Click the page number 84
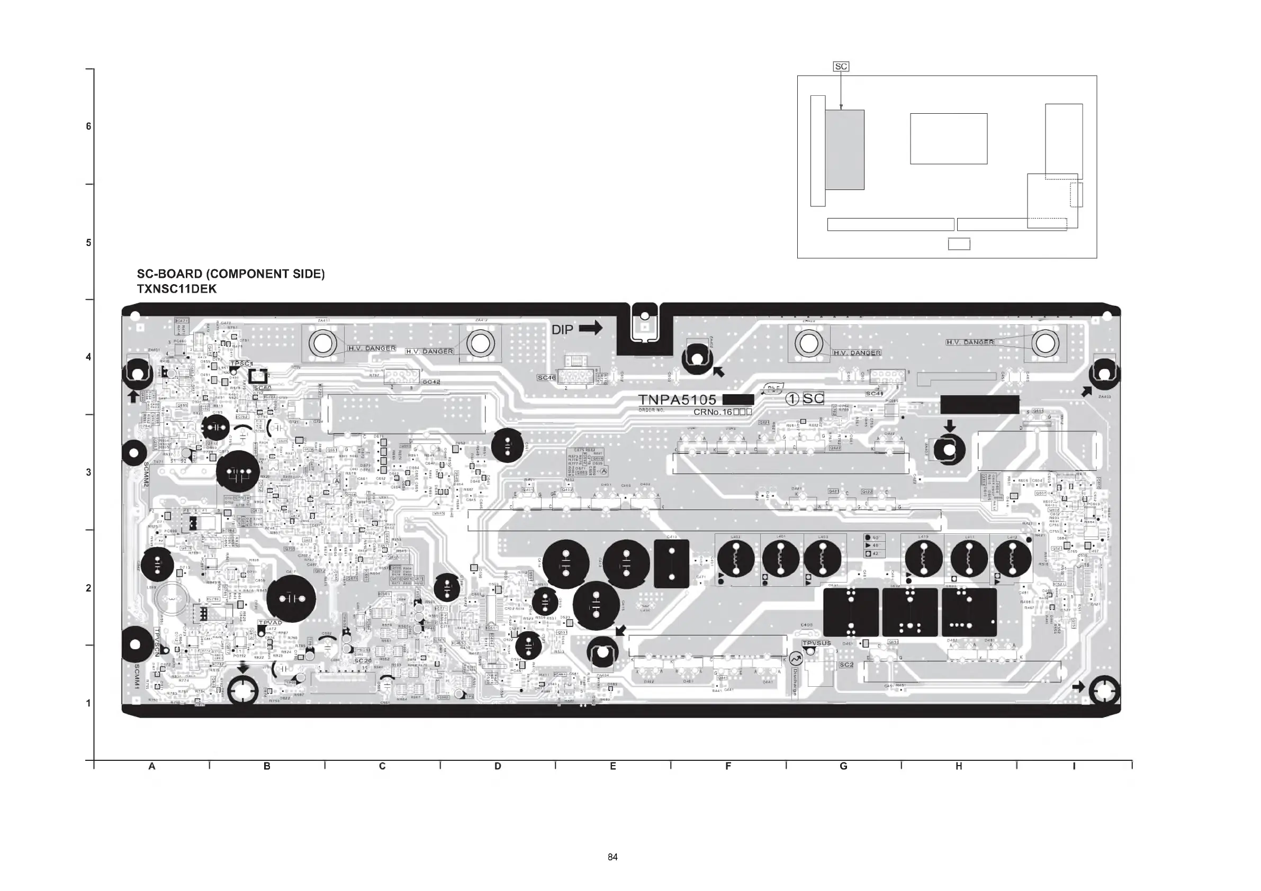point(613,857)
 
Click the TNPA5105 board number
point(677,400)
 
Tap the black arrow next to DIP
point(590,329)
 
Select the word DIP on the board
point(562,330)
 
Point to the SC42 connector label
point(430,381)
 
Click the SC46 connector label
point(546,378)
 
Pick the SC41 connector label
point(875,394)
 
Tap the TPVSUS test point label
point(817,643)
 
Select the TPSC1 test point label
point(241,364)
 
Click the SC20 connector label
point(363,660)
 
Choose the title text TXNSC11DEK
point(176,289)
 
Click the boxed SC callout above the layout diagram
point(841,67)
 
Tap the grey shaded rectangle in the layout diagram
point(845,149)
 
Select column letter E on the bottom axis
point(613,766)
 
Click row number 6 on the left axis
point(88,126)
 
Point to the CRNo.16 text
point(722,412)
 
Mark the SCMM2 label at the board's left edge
point(146,474)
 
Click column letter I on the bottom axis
point(1074,766)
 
